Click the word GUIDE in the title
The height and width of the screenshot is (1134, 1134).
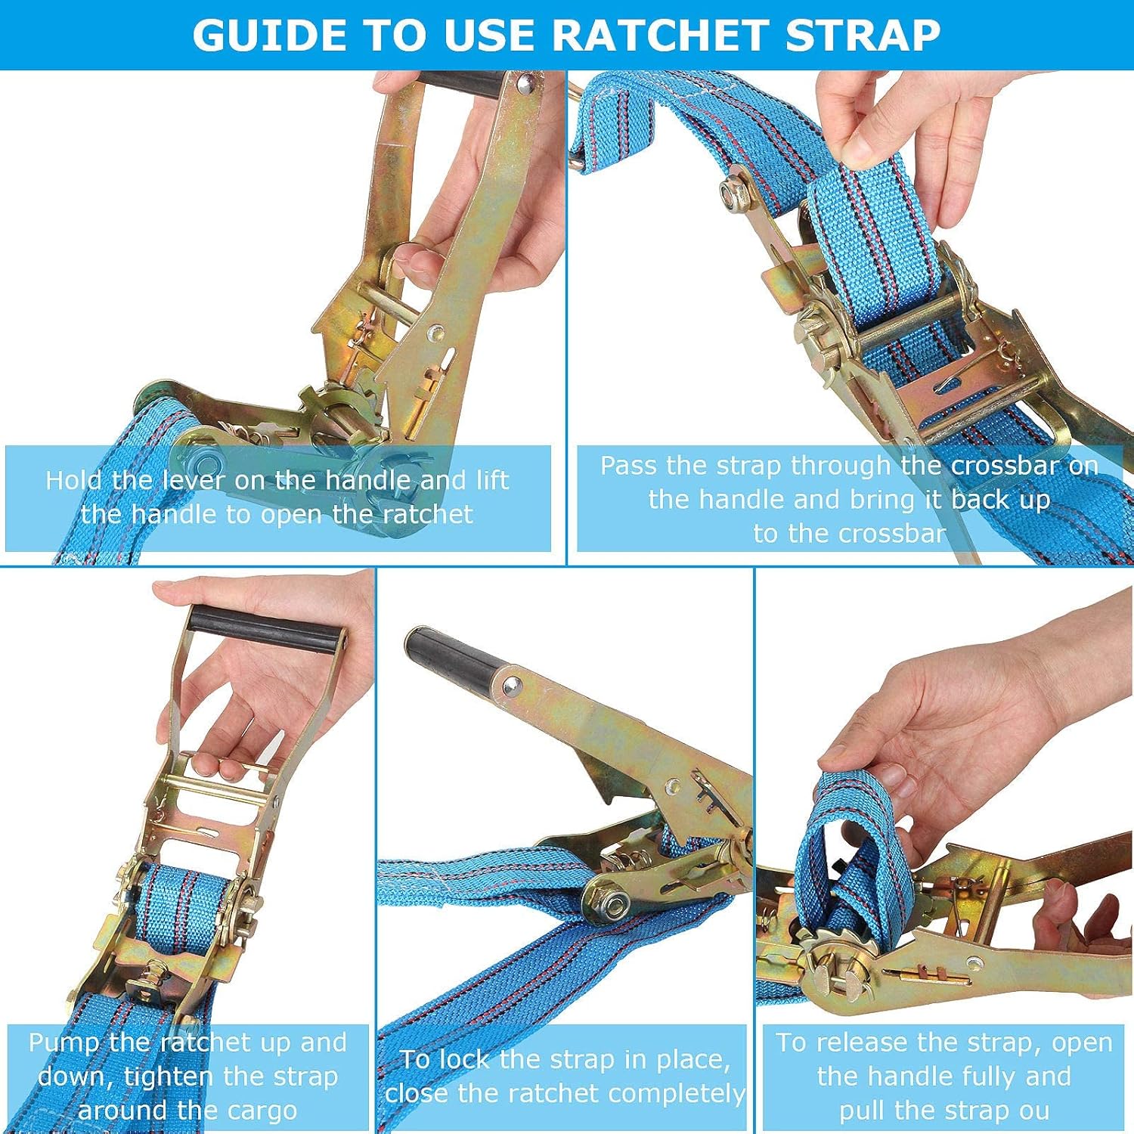pos(269,35)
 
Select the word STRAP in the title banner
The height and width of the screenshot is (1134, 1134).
pos(863,35)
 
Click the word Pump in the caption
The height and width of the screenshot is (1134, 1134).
pos(64,1043)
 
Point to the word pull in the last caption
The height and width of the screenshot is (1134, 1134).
pos(863,1111)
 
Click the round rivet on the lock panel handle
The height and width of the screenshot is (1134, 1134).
pos(512,685)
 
